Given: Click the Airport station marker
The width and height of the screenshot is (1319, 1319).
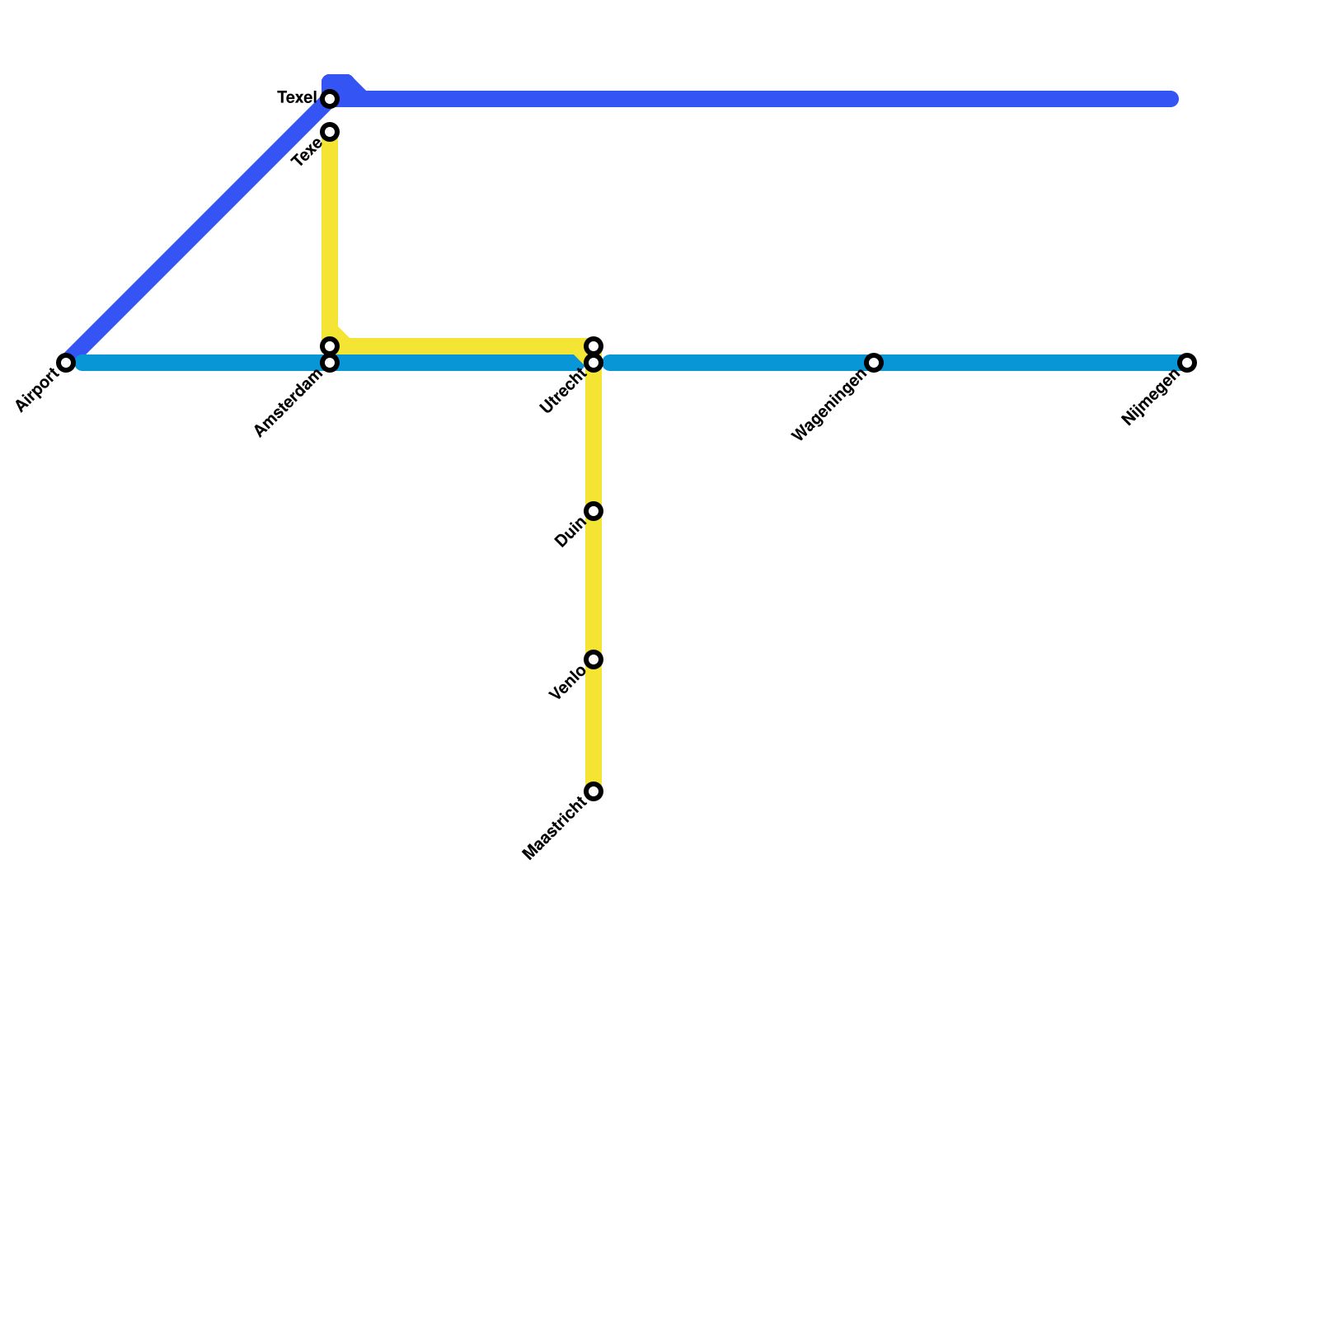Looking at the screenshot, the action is click(x=66, y=363).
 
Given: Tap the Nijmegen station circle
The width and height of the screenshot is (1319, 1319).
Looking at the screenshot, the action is click(x=1187, y=363).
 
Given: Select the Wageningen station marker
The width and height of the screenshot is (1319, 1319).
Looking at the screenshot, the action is click(x=874, y=363).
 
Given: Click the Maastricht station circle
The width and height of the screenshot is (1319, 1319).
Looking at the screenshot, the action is click(x=594, y=792).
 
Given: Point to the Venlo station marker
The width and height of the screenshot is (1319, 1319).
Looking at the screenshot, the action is click(x=594, y=659).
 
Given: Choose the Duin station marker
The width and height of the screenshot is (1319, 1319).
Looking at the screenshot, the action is click(x=594, y=511).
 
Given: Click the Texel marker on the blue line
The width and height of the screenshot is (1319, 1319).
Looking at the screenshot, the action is click(x=330, y=99).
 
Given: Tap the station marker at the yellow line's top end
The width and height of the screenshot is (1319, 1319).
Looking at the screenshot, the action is click(x=330, y=132).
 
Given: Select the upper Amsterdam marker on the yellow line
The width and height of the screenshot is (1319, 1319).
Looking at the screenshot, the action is click(x=330, y=345).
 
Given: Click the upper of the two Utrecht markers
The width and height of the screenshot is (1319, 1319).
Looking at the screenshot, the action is click(x=594, y=345).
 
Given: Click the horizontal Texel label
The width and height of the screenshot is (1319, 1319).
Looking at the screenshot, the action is click(x=297, y=98).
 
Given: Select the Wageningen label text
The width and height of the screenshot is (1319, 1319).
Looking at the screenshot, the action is click(x=829, y=406).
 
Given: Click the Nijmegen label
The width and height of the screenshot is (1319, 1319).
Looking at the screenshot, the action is click(x=1151, y=399).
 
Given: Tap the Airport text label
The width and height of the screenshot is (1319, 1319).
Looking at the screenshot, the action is click(x=37, y=391).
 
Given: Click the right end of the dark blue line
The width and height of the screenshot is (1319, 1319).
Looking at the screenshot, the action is click(x=1171, y=100).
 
